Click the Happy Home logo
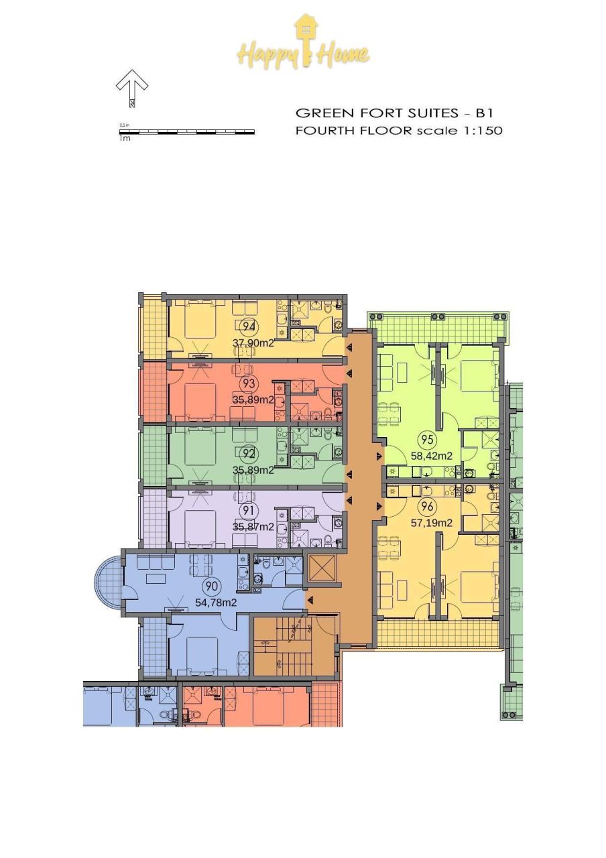[303, 45]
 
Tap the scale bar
[186, 132]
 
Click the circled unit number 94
[249, 326]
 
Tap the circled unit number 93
[249, 384]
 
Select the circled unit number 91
[249, 511]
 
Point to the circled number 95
[426, 440]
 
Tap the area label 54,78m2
[216, 603]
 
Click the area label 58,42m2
[431, 456]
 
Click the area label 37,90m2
[253, 343]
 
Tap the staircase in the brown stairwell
[293, 646]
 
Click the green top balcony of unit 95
[437, 328]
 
